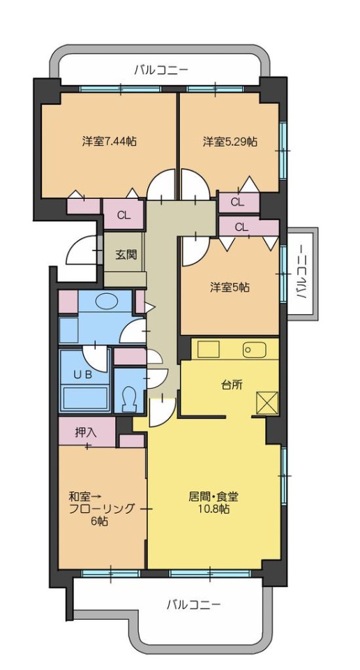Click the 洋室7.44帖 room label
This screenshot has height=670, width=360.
tap(110, 142)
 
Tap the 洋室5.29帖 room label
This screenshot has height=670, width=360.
tap(230, 142)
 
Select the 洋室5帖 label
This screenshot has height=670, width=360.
tap(230, 287)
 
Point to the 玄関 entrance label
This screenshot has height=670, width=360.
tap(126, 255)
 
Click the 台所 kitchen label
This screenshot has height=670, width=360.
tap(232, 385)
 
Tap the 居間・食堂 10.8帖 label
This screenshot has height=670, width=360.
tap(213, 503)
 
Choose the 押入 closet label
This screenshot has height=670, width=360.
tap(86, 433)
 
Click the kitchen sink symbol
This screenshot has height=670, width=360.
tap(255, 350)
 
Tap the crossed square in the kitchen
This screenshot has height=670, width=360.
tap(267, 403)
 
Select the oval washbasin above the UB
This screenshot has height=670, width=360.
tap(106, 301)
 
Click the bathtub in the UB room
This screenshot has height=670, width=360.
tap(86, 398)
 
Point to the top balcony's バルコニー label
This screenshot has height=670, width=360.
tap(161, 70)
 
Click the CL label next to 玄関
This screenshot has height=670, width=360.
tap(124, 215)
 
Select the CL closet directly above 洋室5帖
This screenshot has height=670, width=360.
tap(241, 228)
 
